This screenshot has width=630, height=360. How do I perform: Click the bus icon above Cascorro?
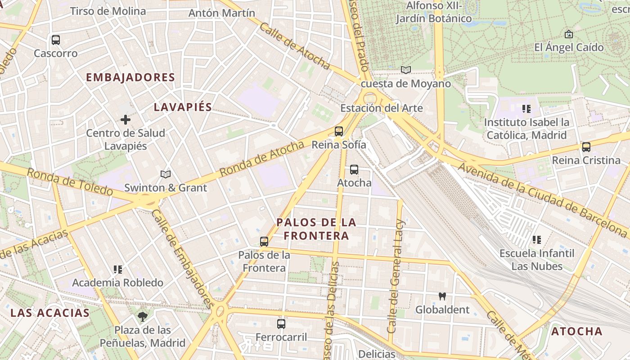[56, 40]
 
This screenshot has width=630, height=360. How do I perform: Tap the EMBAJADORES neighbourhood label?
[130, 77]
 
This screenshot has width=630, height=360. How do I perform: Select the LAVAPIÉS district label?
[183, 107]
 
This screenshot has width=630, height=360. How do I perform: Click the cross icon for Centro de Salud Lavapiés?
[126, 120]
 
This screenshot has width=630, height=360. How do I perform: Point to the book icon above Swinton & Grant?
[166, 174]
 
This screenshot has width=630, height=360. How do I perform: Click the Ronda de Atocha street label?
[262, 159]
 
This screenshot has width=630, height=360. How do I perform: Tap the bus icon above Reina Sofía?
[339, 131]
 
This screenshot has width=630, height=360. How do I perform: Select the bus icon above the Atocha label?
[354, 170]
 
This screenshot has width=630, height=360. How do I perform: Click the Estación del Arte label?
[381, 108]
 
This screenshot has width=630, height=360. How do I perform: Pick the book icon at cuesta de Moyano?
[406, 70]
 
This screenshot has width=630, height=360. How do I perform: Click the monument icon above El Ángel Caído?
[569, 34]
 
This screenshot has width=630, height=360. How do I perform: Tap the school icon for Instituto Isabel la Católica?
[526, 108]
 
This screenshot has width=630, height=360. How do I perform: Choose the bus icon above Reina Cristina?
[586, 147]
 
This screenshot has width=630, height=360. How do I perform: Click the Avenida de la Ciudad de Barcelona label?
[542, 200]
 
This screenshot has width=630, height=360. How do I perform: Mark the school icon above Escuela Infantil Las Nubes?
[536, 240]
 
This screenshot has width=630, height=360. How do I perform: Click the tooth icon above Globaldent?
[442, 296]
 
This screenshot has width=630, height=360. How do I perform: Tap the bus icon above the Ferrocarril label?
[281, 324]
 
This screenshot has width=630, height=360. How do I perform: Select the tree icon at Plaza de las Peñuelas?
[143, 316]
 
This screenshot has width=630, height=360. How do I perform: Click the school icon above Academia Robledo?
[117, 270]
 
